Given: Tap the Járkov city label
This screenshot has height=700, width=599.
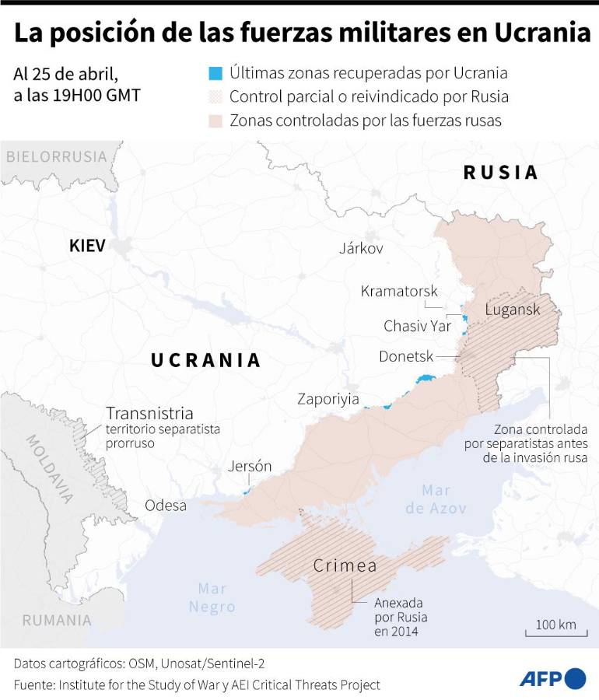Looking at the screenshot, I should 361,248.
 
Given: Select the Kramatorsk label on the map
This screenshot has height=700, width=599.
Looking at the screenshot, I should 399,291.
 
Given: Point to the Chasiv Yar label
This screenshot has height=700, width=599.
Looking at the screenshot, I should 417,326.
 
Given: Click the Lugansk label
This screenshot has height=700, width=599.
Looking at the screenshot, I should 512,310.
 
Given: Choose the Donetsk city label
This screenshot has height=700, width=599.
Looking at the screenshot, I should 405,356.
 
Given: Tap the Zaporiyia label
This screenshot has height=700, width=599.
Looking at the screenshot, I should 328,399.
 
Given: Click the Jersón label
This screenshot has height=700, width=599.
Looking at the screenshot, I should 250,467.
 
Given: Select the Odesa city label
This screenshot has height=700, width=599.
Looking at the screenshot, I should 166,506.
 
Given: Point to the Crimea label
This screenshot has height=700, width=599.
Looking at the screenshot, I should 345,565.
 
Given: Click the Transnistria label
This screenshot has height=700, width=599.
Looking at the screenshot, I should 149,413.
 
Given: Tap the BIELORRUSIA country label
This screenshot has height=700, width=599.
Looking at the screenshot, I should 56,156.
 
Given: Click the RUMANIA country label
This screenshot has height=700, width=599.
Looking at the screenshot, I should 57,620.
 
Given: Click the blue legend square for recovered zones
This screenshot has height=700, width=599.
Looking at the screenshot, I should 215,74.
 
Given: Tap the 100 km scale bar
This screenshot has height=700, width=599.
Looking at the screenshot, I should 555,628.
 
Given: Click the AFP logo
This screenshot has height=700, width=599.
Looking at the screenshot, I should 552,678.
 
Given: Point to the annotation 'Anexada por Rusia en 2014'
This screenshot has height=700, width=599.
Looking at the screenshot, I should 401,617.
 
